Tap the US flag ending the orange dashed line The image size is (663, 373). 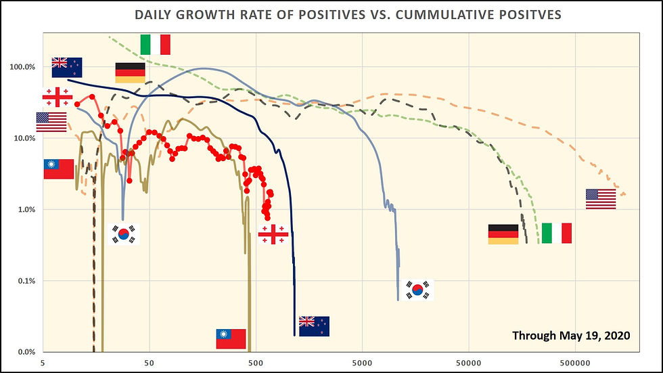(x=601, y=199)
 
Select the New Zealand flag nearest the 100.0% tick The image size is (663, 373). (x=67, y=68)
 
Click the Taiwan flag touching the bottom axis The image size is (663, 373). (x=231, y=339)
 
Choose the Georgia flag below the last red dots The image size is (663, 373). (x=273, y=235)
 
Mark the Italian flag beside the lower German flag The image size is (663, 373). (x=557, y=234)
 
